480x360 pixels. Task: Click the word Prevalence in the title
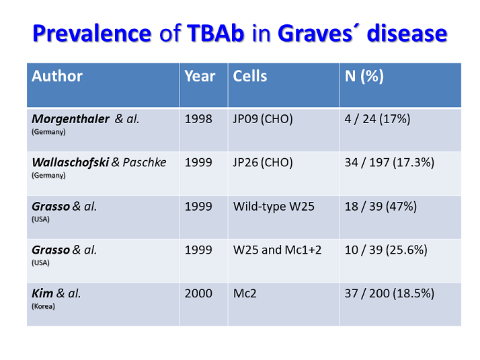point(91,34)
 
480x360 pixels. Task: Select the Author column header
point(57,76)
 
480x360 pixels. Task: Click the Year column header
point(200,76)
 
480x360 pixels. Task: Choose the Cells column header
point(250,76)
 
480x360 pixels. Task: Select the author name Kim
point(43,293)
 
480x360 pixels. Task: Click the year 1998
point(198,119)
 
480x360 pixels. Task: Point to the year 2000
point(198,293)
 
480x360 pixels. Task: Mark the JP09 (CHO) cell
point(264,119)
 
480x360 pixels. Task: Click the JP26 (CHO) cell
point(264,163)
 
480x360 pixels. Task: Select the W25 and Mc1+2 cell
point(278,250)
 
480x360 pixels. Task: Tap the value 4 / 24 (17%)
point(377,119)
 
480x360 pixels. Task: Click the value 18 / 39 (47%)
point(381,207)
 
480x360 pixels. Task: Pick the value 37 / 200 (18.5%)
point(389,293)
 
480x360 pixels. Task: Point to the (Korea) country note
point(44,306)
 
